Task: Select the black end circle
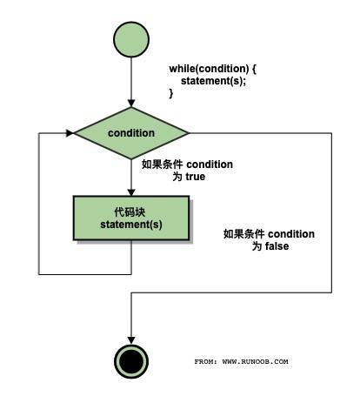coord(130,360)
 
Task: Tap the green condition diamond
coord(131,133)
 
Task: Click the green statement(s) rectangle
coord(130,218)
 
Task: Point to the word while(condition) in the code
coord(207,68)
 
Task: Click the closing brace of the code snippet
coord(171,93)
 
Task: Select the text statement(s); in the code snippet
coord(213,81)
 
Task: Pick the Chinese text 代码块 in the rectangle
coord(130,212)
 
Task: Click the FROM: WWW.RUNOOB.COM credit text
coord(241,361)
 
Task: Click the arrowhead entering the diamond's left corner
coord(68,133)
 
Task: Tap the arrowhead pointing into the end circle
coord(130,339)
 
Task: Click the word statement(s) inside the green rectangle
coord(130,225)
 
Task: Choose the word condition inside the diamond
coord(131,133)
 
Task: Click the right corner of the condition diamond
coord(188,133)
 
